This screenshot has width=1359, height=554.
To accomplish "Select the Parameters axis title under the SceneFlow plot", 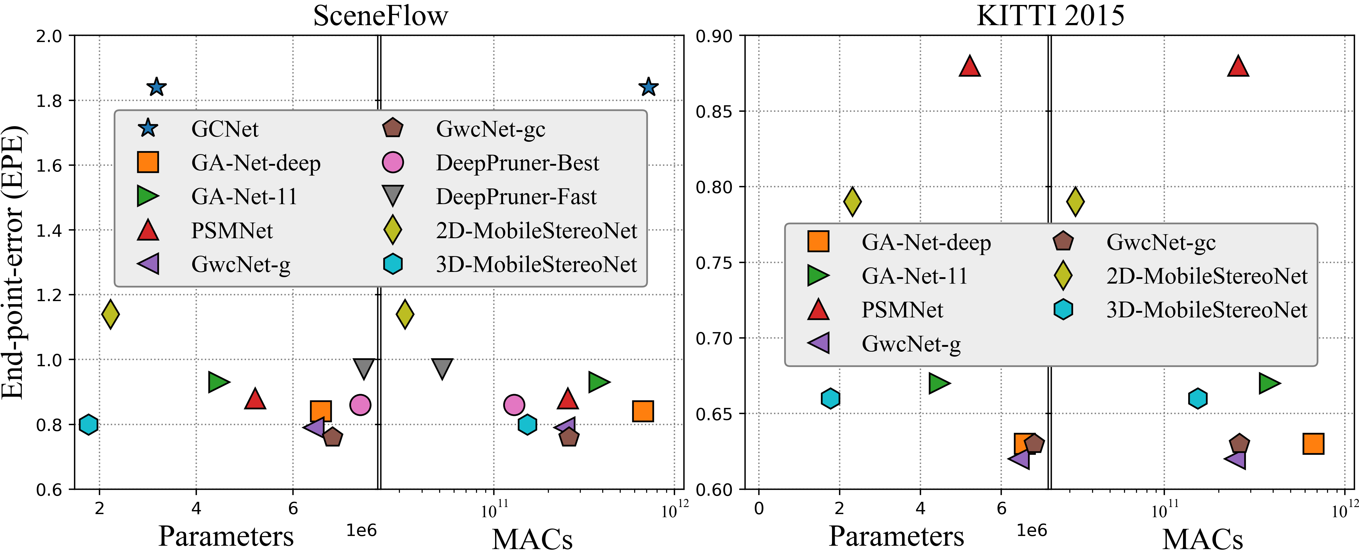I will tap(226, 537).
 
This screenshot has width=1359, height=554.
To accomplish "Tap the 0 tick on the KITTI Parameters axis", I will tap(759, 509).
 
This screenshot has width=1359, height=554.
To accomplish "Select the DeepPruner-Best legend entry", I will tap(517, 163).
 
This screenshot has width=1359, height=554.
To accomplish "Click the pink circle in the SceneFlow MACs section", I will tap(514, 405).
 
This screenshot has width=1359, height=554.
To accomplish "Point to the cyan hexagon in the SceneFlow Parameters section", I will tap(89, 424).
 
